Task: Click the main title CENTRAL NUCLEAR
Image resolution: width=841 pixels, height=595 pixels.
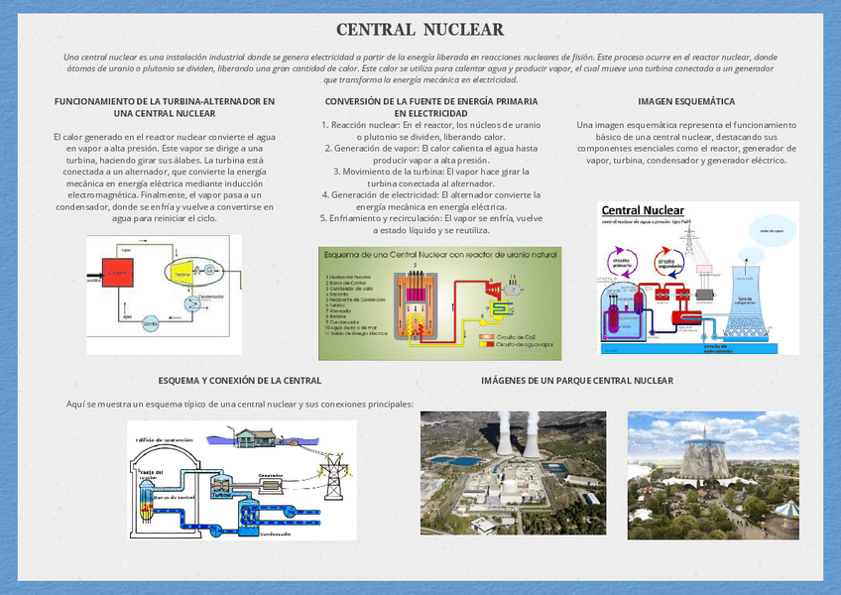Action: (x=420, y=30)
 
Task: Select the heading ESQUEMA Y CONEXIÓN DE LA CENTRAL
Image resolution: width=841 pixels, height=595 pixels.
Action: (x=239, y=381)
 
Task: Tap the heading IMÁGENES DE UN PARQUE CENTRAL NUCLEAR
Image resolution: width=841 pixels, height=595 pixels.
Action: (x=576, y=381)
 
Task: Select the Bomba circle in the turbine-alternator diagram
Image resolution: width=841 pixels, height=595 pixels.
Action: (x=152, y=321)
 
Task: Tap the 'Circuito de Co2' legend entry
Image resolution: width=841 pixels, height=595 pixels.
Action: (x=516, y=337)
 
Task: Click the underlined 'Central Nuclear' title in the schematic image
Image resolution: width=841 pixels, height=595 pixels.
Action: (x=642, y=210)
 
